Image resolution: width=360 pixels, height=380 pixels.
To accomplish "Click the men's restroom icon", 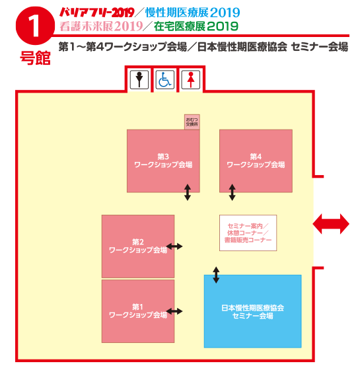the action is click(x=139, y=79).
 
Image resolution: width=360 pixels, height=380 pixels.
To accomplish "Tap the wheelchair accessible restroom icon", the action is click(x=164, y=79).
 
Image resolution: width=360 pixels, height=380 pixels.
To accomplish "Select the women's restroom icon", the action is click(x=191, y=79).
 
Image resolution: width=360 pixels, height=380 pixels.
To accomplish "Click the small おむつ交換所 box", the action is click(x=192, y=122).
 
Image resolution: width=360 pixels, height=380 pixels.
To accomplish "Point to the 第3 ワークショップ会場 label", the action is click(x=163, y=161).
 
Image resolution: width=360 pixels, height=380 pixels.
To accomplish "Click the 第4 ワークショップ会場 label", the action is click(x=256, y=161).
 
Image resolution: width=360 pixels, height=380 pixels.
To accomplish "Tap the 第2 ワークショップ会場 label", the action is click(x=138, y=246).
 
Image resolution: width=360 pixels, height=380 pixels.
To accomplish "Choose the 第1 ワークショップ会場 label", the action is click(x=138, y=311).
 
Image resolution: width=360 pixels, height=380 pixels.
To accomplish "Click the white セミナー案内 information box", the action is click(x=248, y=233).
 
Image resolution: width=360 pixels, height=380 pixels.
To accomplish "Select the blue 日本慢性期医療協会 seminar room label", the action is click(x=252, y=312).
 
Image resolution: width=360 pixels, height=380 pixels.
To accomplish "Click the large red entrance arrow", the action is click(x=331, y=223).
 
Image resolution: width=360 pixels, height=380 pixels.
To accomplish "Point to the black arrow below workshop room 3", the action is click(x=188, y=192).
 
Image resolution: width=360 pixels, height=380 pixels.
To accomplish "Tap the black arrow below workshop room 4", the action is click(x=232, y=192).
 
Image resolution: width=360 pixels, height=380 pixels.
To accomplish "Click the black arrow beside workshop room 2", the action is click(x=174, y=247).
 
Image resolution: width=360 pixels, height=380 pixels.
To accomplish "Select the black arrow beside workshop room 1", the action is click(x=174, y=311).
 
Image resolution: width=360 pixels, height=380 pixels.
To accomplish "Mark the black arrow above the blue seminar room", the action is click(x=216, y=275).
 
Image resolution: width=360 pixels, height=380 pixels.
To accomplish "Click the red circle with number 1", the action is click(x=35, y=26).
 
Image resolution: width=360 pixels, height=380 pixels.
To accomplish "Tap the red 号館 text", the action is click(x=36, y=58).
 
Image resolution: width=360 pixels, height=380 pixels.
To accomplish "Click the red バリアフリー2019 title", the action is click(x=97, y=13).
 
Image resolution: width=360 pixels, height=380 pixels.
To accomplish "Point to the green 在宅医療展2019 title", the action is click(x=196, y=26).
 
